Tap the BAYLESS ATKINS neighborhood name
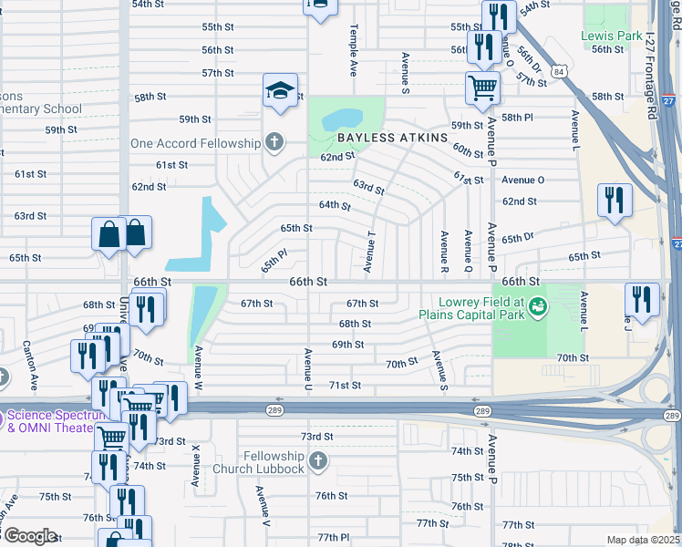tap(393, 138)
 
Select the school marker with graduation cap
tap(280, 90)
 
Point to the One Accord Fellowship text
tap(195, 143)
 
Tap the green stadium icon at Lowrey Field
tap(539, 307)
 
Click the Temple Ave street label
tap(353, 49)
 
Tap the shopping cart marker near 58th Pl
tap(482, 88)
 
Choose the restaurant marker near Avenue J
tap(643, 301)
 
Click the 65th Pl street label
tap(274, 263)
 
